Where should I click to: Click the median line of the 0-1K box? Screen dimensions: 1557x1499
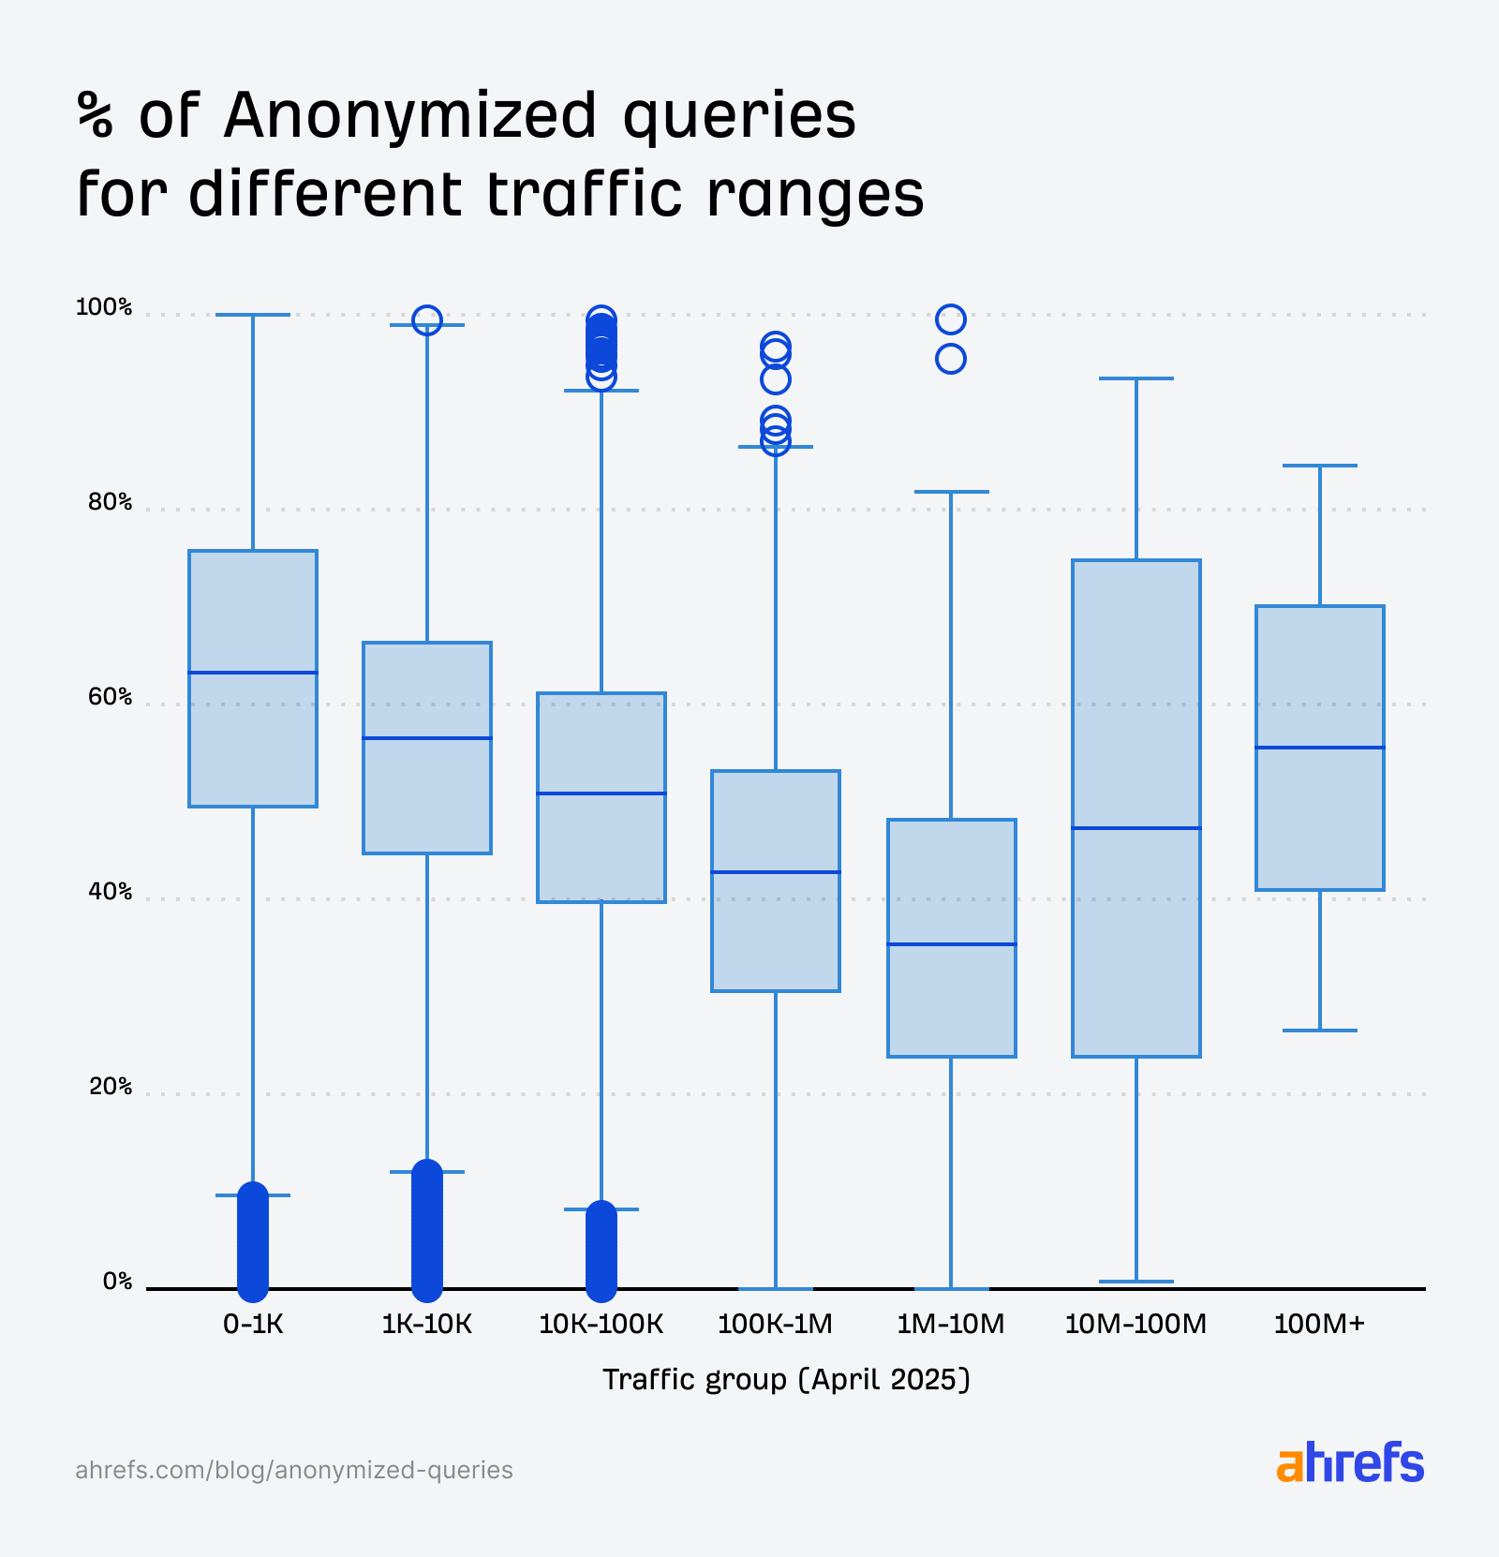253,673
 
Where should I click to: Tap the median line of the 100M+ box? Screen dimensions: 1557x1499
1319,748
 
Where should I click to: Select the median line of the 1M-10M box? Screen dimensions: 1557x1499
951,944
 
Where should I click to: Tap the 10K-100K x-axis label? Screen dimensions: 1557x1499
601,1324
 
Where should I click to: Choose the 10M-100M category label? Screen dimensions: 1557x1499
1135,1324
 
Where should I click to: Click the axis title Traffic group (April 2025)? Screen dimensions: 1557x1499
786,1379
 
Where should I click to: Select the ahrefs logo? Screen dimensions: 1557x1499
1349,1463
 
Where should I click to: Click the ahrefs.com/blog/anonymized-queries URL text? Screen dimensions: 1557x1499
294,1470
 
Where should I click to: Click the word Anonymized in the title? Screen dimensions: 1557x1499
410,116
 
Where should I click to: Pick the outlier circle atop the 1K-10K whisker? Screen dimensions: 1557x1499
427,320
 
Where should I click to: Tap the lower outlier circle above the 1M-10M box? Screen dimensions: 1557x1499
951,359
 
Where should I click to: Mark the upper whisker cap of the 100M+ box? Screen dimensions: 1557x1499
1319,466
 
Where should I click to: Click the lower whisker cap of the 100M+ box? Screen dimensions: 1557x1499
1319,1031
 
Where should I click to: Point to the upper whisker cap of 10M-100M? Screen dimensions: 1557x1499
1135,378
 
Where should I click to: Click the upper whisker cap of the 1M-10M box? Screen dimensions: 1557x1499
951,492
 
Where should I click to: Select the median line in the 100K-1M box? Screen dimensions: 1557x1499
776,872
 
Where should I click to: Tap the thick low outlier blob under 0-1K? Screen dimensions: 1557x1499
253,1241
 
